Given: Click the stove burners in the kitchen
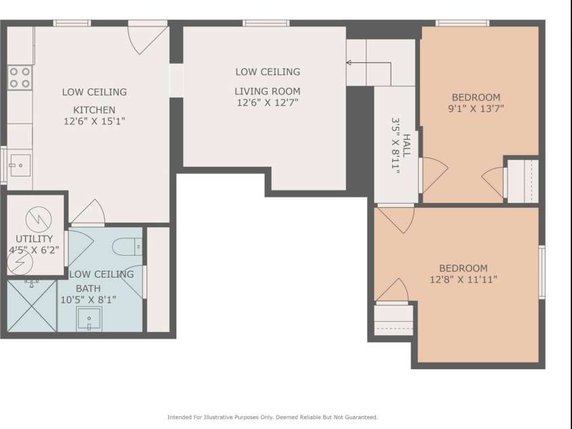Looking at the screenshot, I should tap(20, 77).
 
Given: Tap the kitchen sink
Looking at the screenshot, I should tap(18, 164).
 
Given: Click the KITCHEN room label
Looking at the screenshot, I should tap(94, 110).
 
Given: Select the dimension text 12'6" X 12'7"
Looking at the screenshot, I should tap(267, 102).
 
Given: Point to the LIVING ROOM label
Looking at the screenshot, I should tap(267, 91).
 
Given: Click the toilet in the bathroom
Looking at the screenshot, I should tap(126, 247).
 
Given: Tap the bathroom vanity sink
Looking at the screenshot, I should tap(90, 318).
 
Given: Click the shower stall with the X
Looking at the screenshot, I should tap(31, 306).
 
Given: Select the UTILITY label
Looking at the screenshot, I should tap(34, 239).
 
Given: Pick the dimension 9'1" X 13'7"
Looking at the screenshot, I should tap(476, 108).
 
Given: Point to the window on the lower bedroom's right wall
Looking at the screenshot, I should tap(541, 272).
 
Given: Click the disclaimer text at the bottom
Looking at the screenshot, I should tap(273, 417).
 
